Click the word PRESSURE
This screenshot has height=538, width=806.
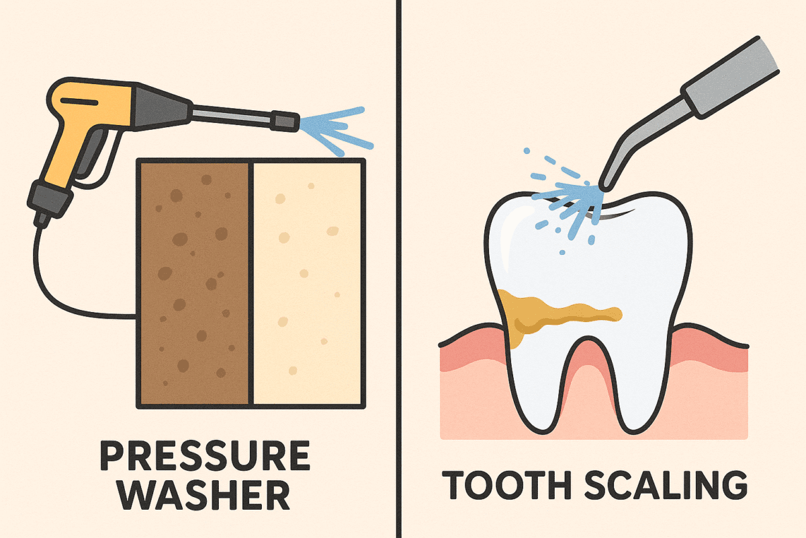click(x=205, y=455)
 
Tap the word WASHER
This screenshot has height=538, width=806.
click(x=205, y=494)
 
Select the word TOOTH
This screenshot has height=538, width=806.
click(x=506, y=485)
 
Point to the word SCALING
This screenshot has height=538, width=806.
click(x=666, y=485)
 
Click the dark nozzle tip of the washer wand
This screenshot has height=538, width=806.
click(x=285, y=121)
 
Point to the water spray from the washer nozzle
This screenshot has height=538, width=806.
click(x=334, y=130)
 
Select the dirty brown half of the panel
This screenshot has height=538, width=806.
click(x=194, y=283)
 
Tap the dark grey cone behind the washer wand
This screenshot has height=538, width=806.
click(x=162, y=107)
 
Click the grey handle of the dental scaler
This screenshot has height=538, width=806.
click(x=731, y=78)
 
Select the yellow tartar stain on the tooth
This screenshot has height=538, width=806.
click(x=551, y=314)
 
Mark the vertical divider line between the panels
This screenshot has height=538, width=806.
click(x=398, y=269)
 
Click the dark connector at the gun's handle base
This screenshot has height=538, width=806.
click(x=50, y=200)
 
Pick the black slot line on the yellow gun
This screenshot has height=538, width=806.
click(x=79, y=102)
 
